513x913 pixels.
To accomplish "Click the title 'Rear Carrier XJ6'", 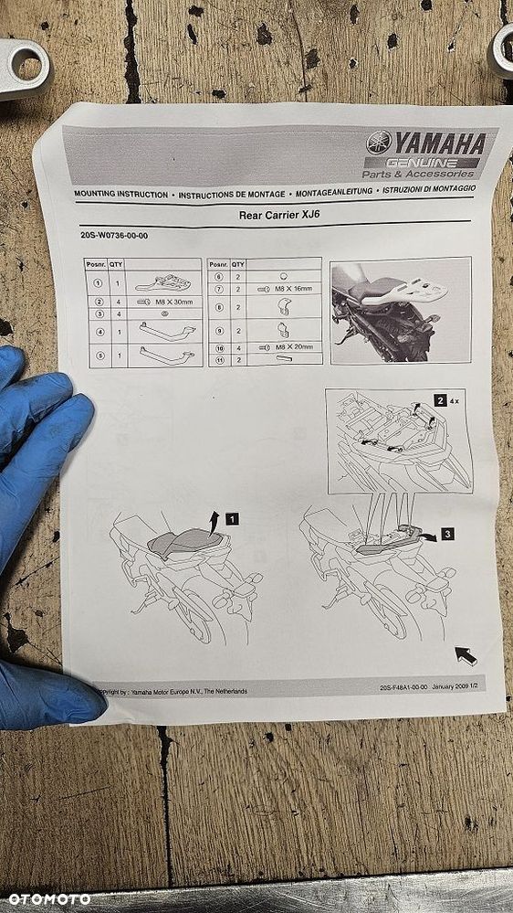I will pyautogui.click(x=277, y=216).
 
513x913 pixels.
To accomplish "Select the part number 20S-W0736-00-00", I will pyautogui.click(x=114, y=237).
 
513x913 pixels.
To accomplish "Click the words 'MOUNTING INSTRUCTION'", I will pyautogui.click(x=121, y=195).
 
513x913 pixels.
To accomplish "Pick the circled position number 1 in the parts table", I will pyautogui.click(x=98, y=283).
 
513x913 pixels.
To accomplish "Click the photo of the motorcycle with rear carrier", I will pyautogui.click(x=400, y=310).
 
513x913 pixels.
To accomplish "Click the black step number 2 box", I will pyautogui.click(x=441, y=399).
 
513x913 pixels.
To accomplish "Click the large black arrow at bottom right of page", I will pyautogui.click(x=466, y=654).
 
